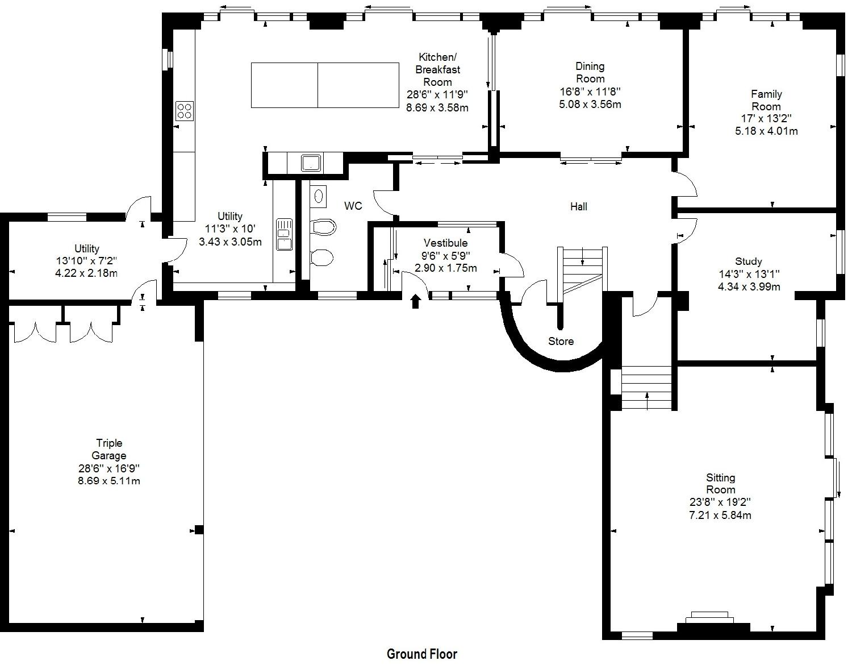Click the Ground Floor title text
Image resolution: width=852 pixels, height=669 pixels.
point(421,654)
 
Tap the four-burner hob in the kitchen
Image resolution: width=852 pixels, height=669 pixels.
point(184,111)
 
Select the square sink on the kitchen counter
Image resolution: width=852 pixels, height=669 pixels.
point(311,163)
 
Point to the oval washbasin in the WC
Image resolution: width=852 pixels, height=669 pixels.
point(319,196)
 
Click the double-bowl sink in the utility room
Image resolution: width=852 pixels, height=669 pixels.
point(284,234)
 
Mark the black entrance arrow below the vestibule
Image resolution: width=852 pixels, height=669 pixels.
point(416,302)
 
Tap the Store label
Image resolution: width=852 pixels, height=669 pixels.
point(561,342)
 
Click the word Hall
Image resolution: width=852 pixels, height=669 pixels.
point(578,206)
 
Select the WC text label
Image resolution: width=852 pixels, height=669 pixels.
point(353,206)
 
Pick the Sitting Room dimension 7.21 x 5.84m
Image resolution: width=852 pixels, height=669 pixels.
point(720,515)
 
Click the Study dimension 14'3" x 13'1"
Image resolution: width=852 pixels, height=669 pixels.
point(749,274)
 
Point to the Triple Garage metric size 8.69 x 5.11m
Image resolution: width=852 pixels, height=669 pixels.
point(109,481)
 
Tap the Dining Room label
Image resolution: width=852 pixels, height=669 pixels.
point(590,72)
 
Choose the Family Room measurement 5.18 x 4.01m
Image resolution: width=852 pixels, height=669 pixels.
point(766,131)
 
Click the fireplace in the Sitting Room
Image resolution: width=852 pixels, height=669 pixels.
point(709,621)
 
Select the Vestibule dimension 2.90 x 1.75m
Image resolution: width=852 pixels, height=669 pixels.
point(446,268)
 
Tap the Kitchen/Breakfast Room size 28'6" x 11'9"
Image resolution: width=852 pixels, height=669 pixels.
point(437,94)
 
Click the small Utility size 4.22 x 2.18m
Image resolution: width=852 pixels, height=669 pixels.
point(86,273)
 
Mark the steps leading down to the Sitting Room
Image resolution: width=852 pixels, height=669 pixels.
point(646,388)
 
